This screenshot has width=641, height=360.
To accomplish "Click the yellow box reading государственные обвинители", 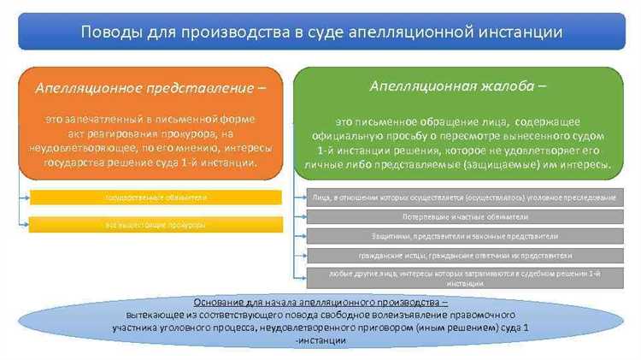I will pos(156,198).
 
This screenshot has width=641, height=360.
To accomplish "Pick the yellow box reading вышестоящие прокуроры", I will pos(156,225).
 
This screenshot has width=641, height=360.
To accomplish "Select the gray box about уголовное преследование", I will pos(463,198).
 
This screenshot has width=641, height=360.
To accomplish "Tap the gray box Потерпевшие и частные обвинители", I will pos(463,217).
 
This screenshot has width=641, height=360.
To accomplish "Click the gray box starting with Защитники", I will pos(463,236).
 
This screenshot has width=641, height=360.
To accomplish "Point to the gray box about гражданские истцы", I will pos(463,255).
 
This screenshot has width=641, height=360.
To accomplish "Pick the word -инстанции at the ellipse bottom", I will pos(320,340).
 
